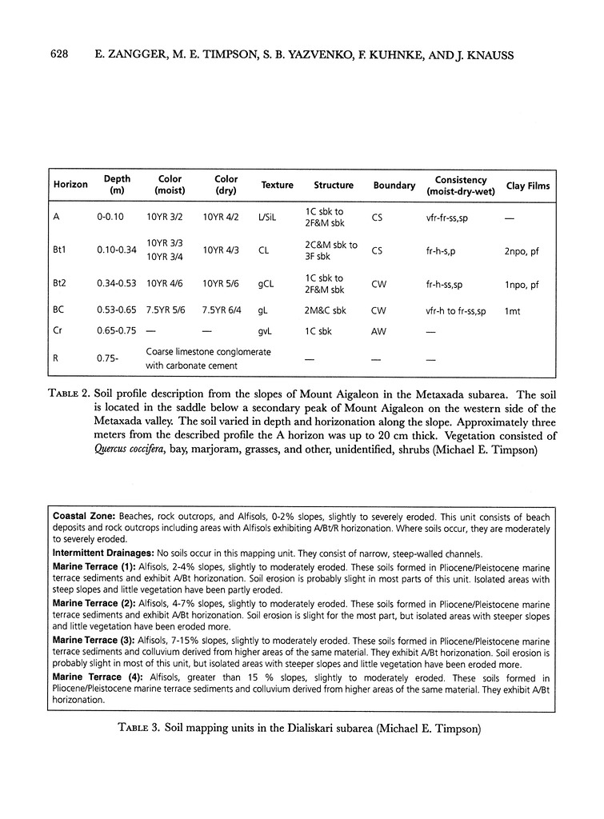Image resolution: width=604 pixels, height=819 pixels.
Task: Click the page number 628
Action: pos(65,55)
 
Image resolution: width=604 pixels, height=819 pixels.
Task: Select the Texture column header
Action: pos(277,185)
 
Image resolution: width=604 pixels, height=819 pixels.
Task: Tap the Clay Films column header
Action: pos(527,185)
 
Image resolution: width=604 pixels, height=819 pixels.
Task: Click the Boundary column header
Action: pos(394,185)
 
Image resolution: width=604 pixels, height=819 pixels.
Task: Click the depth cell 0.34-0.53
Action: pos(116,284)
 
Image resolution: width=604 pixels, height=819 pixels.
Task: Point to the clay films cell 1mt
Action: pos(513,311)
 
